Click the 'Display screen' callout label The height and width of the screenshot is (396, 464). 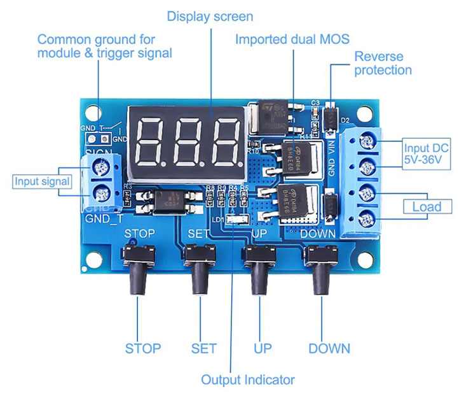click(210, 16)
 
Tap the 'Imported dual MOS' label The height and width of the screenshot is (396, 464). click(292, 39)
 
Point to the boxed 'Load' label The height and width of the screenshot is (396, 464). click(426, 206)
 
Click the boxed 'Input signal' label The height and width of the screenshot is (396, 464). click(43, 182)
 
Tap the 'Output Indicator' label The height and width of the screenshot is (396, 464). click(248, 380)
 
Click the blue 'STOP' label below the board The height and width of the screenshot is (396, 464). click(143, 348)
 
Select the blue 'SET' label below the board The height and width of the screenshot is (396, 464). click(203, 348)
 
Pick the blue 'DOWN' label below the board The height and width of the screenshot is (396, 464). click(329, 348)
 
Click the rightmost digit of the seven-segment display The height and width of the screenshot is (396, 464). click(225, 140)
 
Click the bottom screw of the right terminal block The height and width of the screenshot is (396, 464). click(366, 220)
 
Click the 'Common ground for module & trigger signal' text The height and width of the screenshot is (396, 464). click(105, 46)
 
